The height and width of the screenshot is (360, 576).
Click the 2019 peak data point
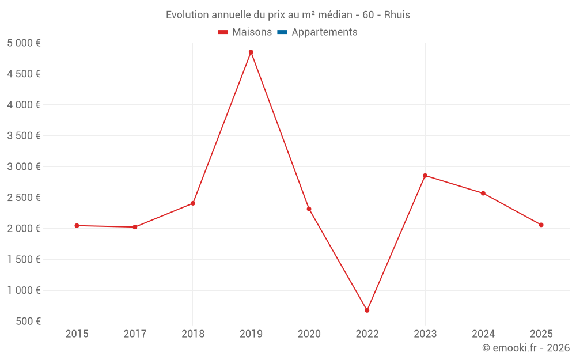251,52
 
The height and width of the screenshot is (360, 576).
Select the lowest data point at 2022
367,310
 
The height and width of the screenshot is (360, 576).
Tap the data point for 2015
77,225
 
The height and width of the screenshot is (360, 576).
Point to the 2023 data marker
425,176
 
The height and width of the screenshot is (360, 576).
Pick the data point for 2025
541,225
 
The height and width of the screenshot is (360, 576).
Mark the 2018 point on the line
193,203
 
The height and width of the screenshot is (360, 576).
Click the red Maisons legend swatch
223,32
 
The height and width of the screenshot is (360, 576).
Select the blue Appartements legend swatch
282,32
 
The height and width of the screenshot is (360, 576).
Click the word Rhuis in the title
397,15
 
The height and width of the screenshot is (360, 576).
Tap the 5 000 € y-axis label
24,43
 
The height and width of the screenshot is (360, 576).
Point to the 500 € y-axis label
28,321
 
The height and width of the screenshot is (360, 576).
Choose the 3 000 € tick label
24,166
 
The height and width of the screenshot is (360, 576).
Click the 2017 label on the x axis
135,334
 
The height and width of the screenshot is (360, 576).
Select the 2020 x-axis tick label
309,334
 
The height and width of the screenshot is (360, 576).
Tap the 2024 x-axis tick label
483,334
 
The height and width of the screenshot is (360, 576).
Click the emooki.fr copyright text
526,348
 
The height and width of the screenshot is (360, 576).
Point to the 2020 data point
309,209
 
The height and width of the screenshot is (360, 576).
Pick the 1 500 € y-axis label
24,259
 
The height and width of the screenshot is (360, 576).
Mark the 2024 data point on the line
483,193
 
